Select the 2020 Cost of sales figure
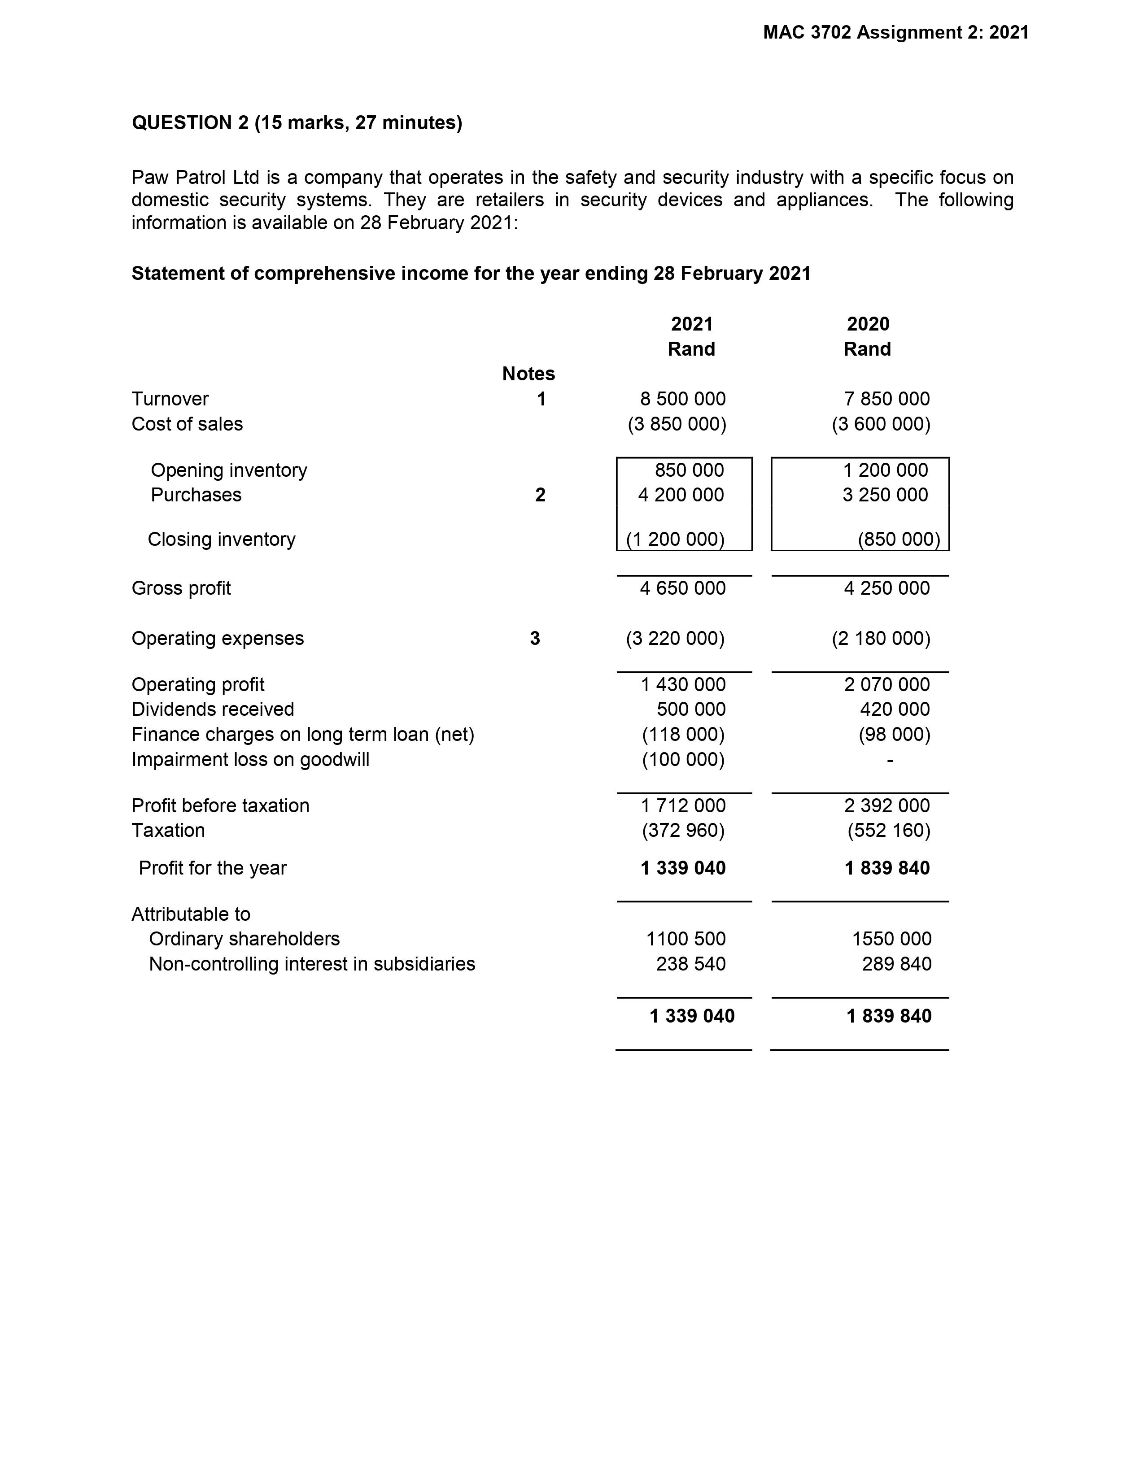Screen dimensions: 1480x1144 coord(881,424)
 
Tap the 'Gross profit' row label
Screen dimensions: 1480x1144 coord(181,588)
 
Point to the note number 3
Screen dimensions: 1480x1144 coord(535,638)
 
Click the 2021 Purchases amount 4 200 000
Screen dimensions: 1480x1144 coord(681,495)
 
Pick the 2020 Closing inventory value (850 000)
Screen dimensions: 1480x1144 coord(899,540)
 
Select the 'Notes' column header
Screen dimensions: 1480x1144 coord(528,374)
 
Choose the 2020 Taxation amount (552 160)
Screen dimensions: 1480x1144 coord(888,831)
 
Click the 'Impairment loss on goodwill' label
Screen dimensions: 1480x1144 coord(250,760)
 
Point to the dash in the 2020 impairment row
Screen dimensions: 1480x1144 coord(890,760)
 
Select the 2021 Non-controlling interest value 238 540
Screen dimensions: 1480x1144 coord(690,964)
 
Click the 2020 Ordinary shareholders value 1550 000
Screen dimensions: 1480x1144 coord(891,939)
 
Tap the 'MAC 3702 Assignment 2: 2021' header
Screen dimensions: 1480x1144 coord(895,33)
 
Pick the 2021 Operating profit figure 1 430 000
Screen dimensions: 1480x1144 coord(683,684)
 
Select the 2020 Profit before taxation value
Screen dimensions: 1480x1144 coord(886,806)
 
